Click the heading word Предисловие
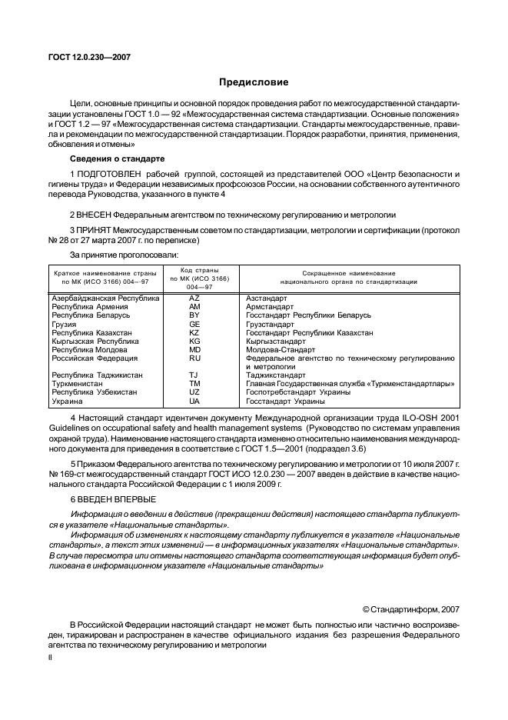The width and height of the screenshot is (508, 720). pyautogui.click(x=254, y=82)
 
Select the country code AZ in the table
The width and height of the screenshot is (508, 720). pyautogui.click(x=194, y=298)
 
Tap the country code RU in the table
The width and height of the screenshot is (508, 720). pyautogui.click(x=194, y=358)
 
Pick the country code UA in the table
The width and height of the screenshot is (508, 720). pyautogui.click(x=194, y=401)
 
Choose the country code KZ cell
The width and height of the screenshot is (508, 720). pyautogui.click(x=194, y=332)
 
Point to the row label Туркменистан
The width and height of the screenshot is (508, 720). pyautogui.click(x=80, y=383)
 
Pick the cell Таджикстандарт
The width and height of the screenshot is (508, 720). pyautogui.click(x=277, y=375)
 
